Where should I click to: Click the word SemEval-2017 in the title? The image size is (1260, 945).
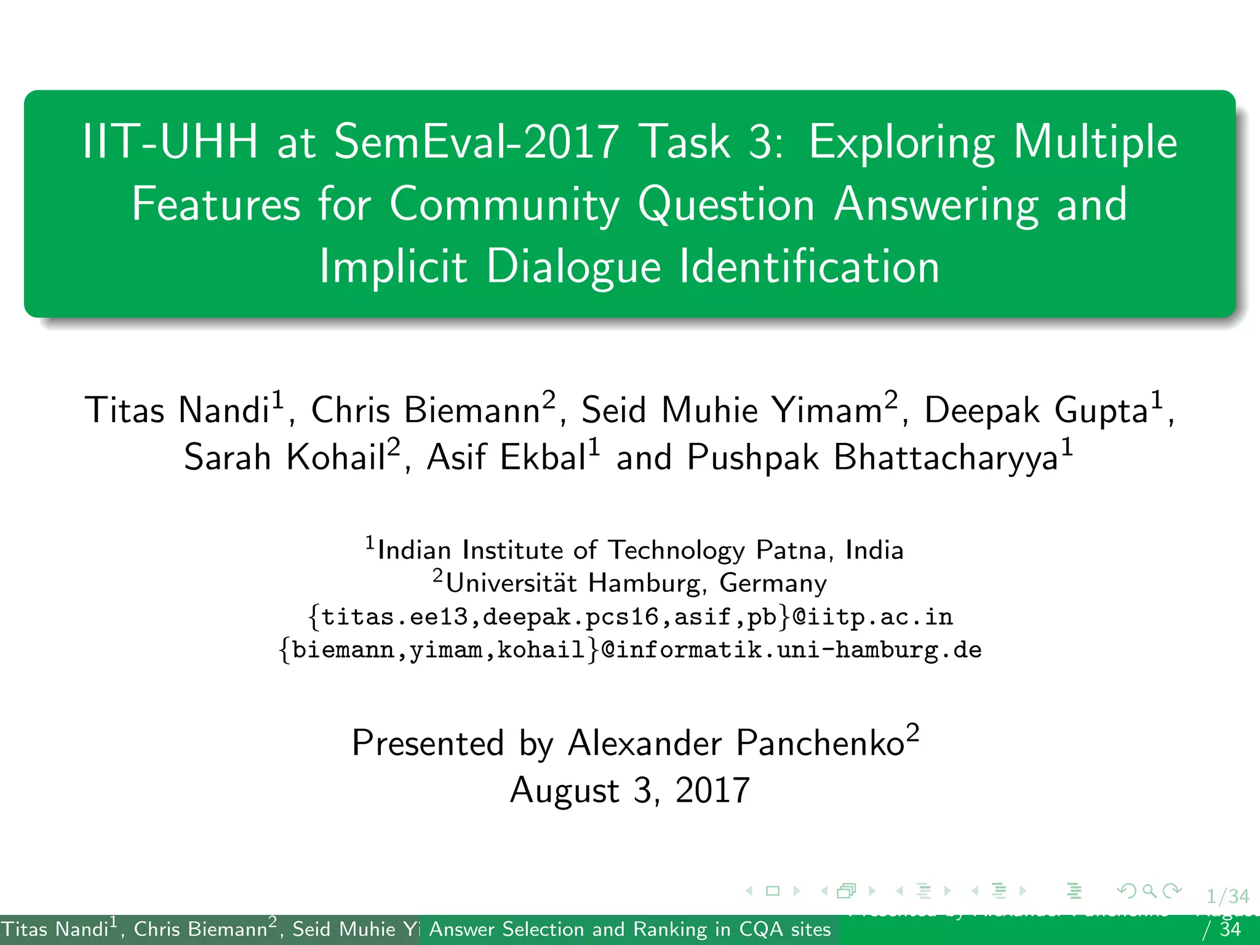pyautogui.click(x=476, y=142)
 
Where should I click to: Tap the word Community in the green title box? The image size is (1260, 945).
pyautogui.click(x=504, y=204)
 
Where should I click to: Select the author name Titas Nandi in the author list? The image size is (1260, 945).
pyautogui.click(x=178, y=410)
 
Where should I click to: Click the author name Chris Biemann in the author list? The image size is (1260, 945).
pyautogui.click(x=426, y=410)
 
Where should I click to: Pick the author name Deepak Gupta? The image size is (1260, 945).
pyautogui.click(x=1036, y=410)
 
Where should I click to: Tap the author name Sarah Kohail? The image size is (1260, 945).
pyautogui.click(x=285, y=457)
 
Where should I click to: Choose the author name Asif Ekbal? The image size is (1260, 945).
pyautogui.click(x=506, y=457)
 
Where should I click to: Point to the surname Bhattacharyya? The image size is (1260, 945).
pyautogui.click(x=945, y=457)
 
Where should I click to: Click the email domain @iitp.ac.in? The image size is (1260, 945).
pyautogui.click(x=872, y=616)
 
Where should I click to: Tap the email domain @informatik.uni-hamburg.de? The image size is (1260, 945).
pyautogui.click(x=791, y=650)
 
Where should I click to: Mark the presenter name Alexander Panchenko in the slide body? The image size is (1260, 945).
pyautogui.click(x=736, y=743)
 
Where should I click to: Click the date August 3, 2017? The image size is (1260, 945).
pyautogui.click(x=630, y=790)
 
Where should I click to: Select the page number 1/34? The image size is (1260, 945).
pyautogui.click(x=1227, y=896)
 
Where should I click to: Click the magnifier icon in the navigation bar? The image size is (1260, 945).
pyautogui.click(x=1149, y=890)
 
